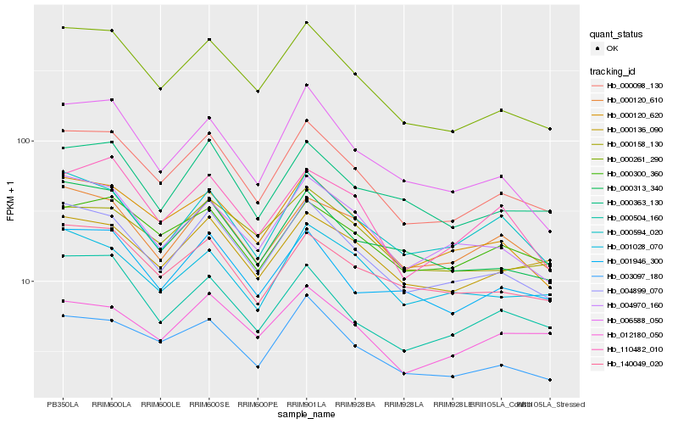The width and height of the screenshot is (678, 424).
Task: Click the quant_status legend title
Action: (x=616, y=34)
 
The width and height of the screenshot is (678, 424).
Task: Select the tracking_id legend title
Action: (x=612, y=70)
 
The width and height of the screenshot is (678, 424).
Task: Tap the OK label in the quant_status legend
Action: (x=611, y=48)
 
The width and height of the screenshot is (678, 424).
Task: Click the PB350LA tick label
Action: (x=63, y=404)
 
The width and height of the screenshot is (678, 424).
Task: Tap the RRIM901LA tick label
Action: (x=306, y=404)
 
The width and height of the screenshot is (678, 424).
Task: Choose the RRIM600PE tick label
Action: (x=258, y=404)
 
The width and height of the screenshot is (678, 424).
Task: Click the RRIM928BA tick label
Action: (x=355, y=404)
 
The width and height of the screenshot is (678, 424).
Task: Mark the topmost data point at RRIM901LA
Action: (x=306, y=22)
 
